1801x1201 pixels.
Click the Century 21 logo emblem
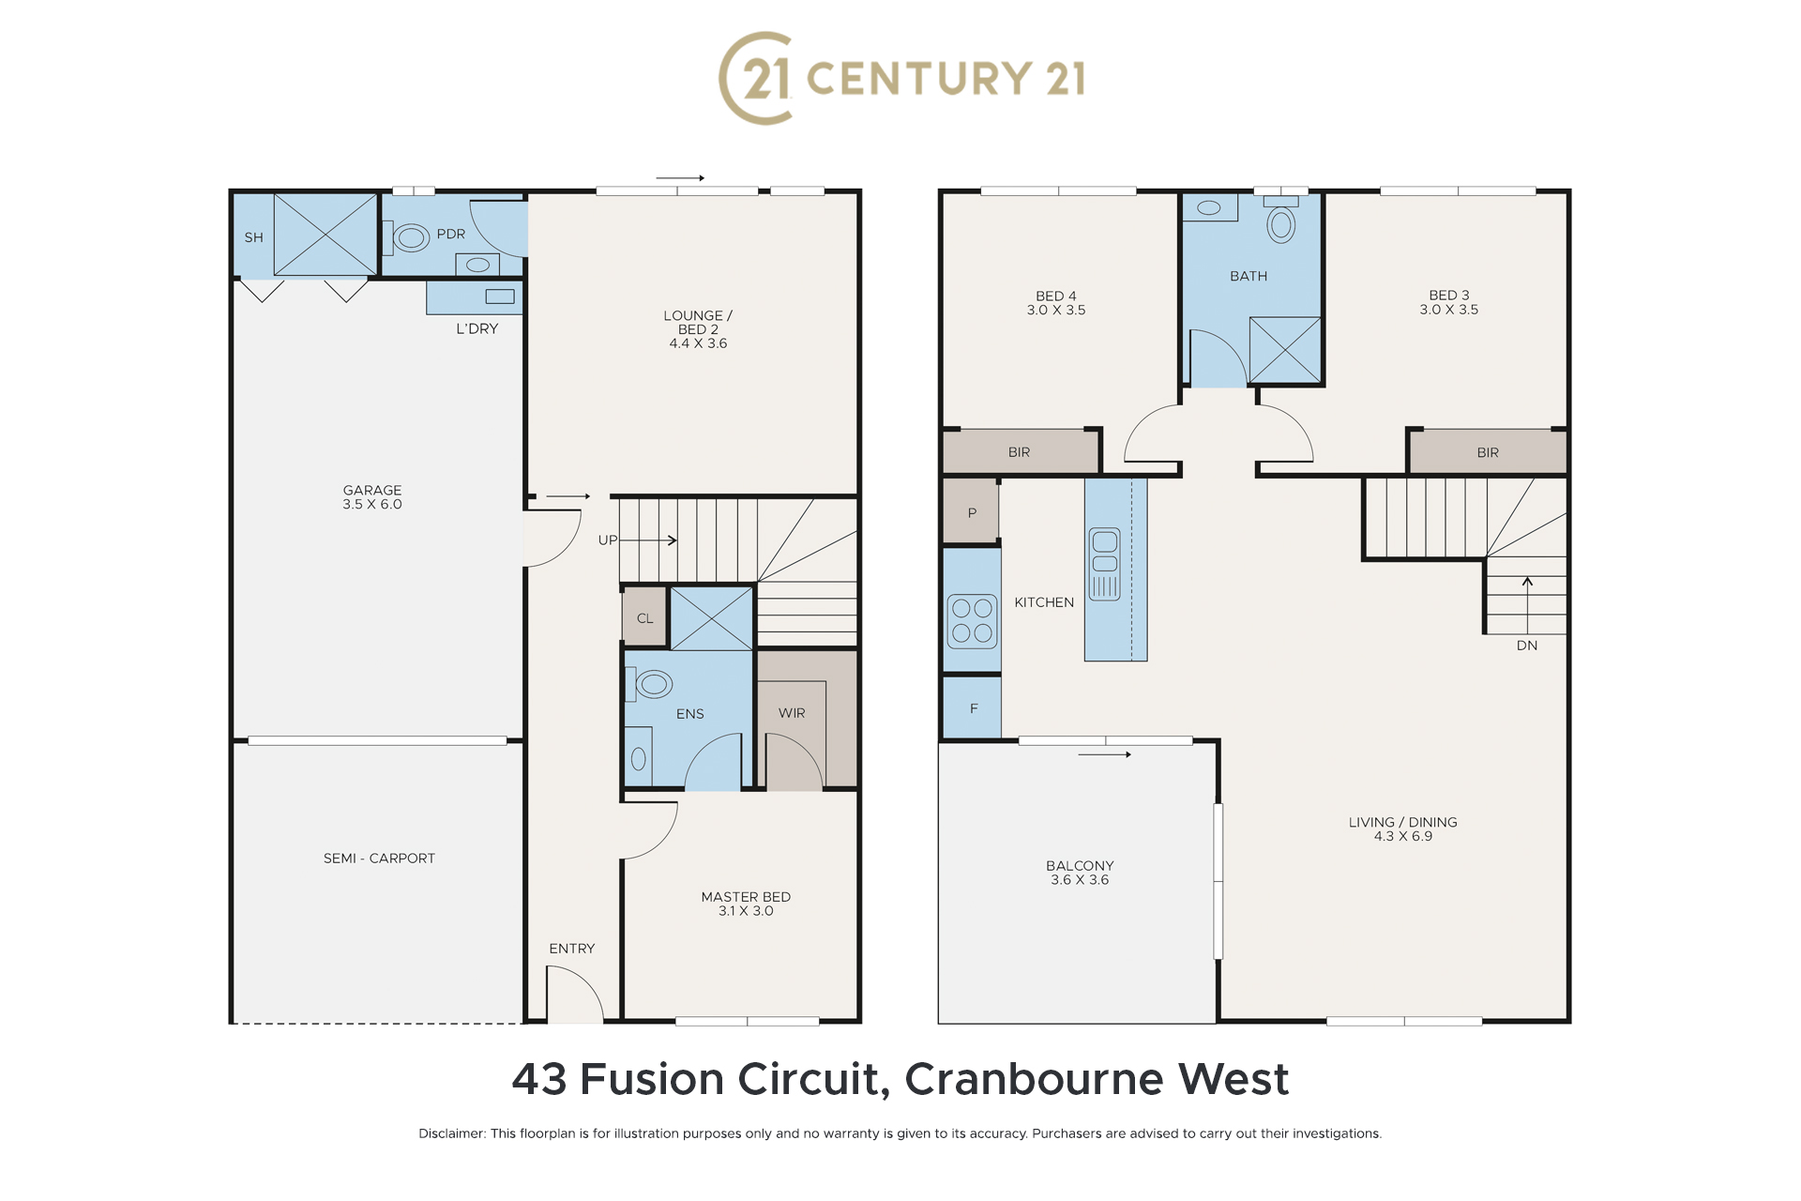coord(756,78)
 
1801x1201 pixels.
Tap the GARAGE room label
coord(372,490)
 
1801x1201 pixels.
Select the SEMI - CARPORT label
coord(379,859)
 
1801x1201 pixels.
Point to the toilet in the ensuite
coord(649,684)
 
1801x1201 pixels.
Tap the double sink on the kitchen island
coord(1105,564)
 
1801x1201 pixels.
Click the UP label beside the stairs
coord(608,540)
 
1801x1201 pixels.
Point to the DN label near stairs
coord(1527,646)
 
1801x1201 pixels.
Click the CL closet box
coord(644,617)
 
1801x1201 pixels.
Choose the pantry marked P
coord(971,511)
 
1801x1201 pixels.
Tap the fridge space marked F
coord(973,708)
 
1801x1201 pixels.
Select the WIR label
coord(792,713)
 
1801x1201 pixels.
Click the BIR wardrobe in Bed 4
coord(1021,451)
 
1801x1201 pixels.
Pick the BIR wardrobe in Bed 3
coord(1489,452)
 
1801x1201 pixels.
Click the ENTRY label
coord(572,949)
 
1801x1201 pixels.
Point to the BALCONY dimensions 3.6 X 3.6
coord(1080,880)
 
